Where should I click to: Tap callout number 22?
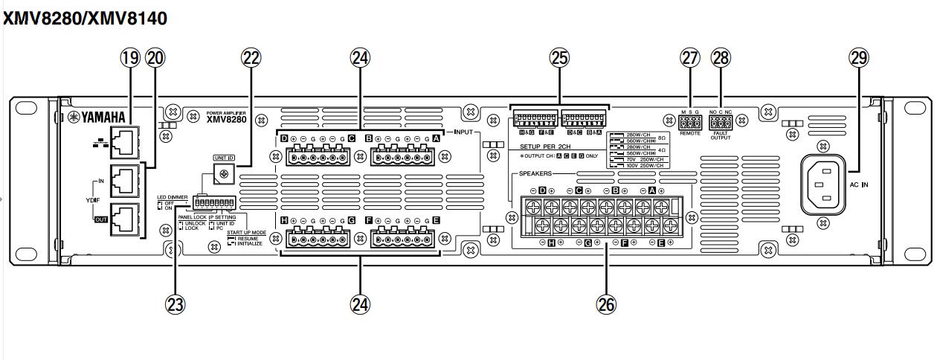click(x=250, y=58)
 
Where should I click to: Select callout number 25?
click(x=559, y=58)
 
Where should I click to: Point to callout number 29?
click(x=860, y=58)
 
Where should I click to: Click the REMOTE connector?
click(x=689, y=123)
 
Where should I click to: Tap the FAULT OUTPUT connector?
click(x=721, y=123)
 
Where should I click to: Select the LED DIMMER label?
click(x=172, y=197)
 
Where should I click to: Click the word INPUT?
click(x=463, y=132)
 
